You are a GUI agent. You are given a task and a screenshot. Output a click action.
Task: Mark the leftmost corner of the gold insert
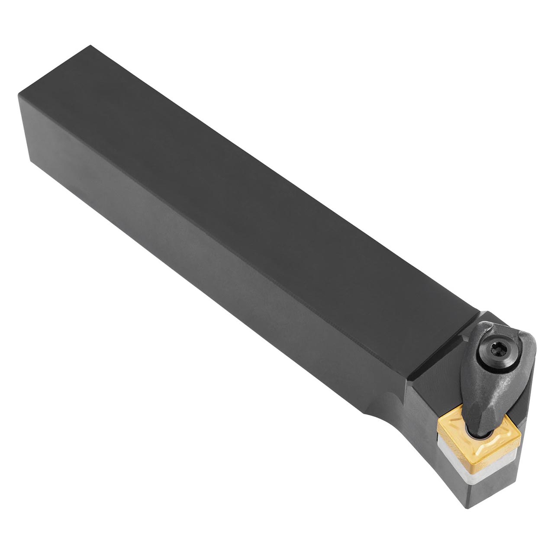[x=438, y=420]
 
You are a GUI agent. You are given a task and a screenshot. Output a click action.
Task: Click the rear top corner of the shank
[x=90, y=45]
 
